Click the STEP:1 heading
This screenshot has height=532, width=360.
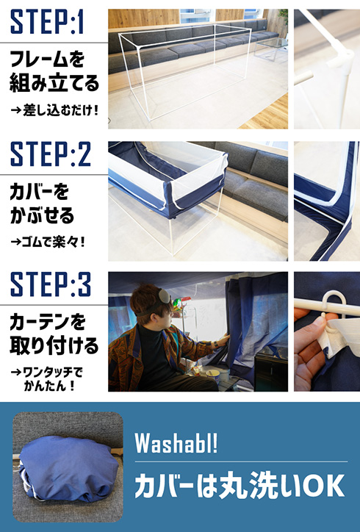tap(47, 22)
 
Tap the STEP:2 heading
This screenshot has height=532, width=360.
tap(51, 154)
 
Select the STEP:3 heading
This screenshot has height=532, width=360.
tap(51, 284)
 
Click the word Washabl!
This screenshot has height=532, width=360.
tap(176, 443)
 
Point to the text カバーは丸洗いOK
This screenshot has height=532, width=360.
tap(240, 486)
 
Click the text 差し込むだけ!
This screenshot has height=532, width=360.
tap(54, 110)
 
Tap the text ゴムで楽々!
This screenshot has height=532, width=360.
tap(48, 242)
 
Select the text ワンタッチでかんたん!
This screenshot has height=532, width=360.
tap(47, 379)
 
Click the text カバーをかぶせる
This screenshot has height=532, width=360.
tap(42, 204)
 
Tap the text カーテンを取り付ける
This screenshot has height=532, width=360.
tap(54, 334)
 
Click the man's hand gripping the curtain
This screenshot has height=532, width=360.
tap(223, 340)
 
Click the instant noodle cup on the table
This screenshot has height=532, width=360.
tap(213, 375)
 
